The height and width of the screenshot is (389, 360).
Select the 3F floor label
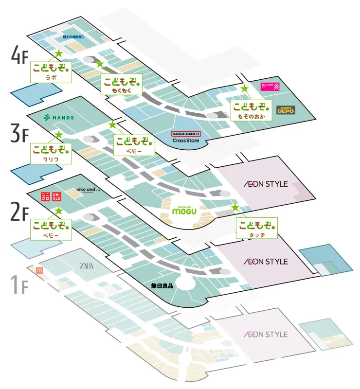click(20, 134)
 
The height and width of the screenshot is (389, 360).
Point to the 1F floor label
click(20, 285)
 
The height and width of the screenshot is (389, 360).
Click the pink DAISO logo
click(270, 87)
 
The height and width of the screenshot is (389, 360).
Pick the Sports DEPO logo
click(286, 110)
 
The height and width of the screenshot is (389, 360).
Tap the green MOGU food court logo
click(185, 210)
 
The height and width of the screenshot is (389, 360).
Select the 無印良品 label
click(162, 286)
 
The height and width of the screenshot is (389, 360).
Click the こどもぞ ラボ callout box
click(51, 71)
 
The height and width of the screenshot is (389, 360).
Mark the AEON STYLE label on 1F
click(266, 335)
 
